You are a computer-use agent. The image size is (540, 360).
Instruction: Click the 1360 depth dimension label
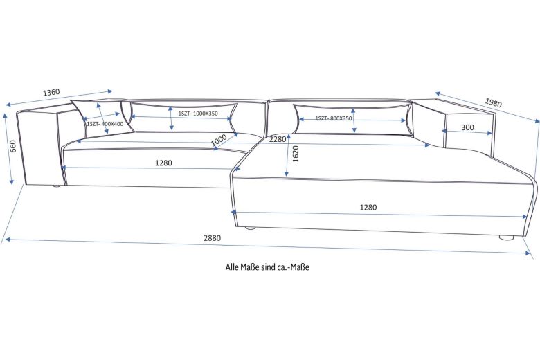(51, 92)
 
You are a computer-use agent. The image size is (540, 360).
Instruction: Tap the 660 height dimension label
(12, 147)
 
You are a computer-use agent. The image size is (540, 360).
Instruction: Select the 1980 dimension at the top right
(493, 102)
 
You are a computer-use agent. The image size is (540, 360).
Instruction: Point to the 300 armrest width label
(467, 127)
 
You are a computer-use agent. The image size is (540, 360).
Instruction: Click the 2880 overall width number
(212, 237)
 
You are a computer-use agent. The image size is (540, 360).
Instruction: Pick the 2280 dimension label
(278, 139)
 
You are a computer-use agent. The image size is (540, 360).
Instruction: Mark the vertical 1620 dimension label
(296, 153)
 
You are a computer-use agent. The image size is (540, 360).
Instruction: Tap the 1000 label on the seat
(219, 139)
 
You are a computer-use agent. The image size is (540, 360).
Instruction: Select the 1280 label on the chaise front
(368, 207)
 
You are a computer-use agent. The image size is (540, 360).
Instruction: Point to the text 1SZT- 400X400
(105, 123)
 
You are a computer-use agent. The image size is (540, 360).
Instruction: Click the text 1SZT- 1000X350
(197, 113)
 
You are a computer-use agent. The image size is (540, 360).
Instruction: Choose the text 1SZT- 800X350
(334, 118)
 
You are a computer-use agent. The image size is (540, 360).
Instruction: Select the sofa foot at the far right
(507, 237)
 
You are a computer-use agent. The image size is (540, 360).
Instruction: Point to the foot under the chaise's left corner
(251, 227)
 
